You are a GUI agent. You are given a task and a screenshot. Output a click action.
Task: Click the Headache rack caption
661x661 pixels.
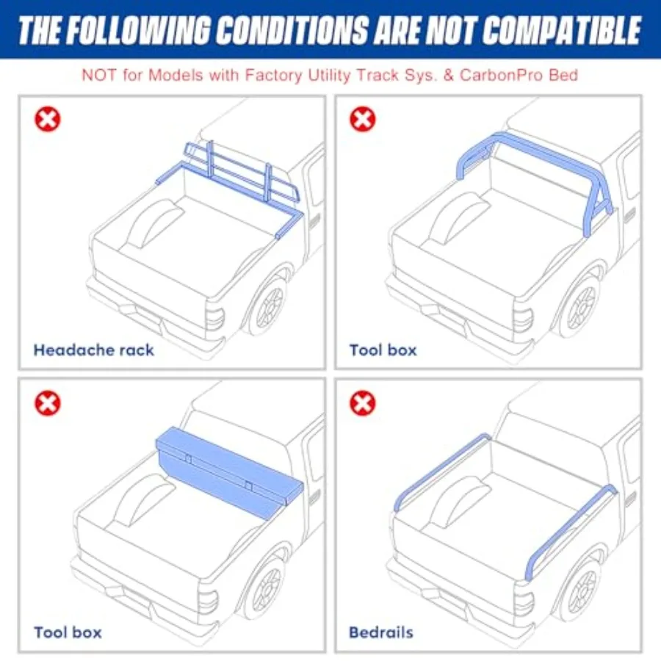pyautogui.click(x=94, y=349)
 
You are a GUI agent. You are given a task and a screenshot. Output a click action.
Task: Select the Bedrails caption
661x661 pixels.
pyautogui.click(x=381, y=632)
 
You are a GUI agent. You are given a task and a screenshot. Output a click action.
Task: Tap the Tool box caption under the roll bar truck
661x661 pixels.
pyautogui.click(x=383, y=349)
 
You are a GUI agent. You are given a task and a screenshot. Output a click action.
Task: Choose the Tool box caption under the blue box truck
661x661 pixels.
pyautogui.click(x=68, y=632)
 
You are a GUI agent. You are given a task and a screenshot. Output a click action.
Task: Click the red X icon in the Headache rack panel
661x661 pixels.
pyautogui.click(x=48, y=119)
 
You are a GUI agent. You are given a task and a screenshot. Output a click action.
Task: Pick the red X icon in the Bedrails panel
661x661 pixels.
pyautogui.click(x=363, y=402)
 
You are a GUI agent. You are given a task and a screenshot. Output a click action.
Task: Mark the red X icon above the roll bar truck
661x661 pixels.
pyautogui.click(x=363, y=119)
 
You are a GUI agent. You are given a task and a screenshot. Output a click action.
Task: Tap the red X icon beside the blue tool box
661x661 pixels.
pyautogui.click(x=48, y=402)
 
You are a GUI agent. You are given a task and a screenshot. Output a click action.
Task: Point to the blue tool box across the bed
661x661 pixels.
pyautogui.click(x=228, y=466)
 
